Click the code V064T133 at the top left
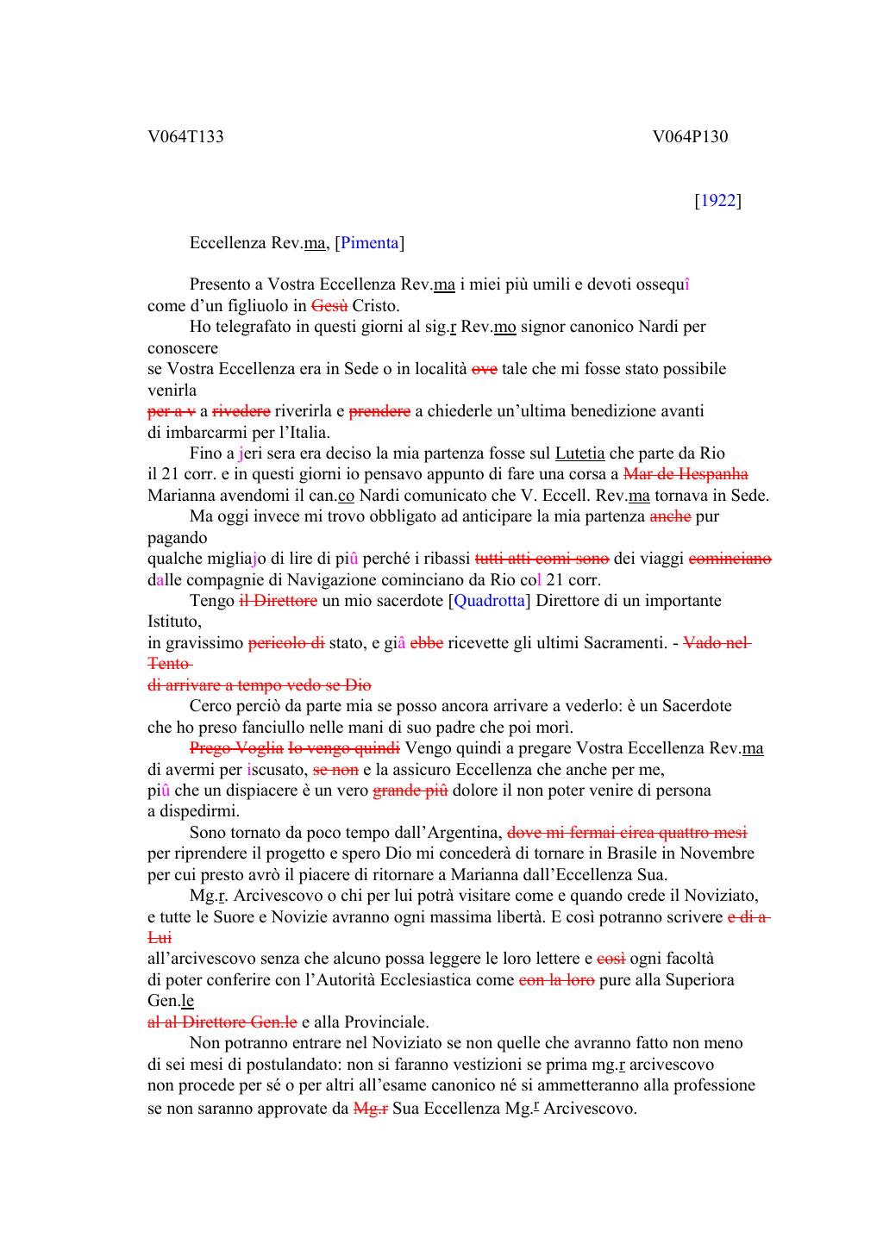[185, 136]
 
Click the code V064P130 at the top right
[690, 136]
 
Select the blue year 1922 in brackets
[717, 201]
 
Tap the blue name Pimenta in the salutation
[370, 243]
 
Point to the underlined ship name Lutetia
[579, 453]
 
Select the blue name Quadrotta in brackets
[491, 601]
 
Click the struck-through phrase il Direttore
[278, 601]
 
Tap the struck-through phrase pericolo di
[286, 643]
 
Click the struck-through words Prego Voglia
[236, 748]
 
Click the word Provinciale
[386, 1022]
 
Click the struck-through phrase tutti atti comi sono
[542, 559]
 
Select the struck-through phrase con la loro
[557, 980]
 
